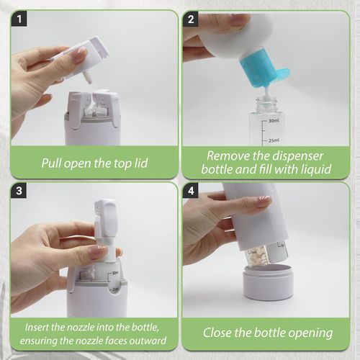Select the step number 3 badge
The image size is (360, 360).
(x=21, y=192)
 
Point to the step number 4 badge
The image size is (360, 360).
(x=192, y=192)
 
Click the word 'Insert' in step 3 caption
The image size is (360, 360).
(x=38, y=326)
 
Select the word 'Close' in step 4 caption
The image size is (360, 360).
(x=219, y=333)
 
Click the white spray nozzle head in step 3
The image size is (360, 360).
(x=105, y=215)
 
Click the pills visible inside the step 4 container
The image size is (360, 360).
(x=258, y=255)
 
